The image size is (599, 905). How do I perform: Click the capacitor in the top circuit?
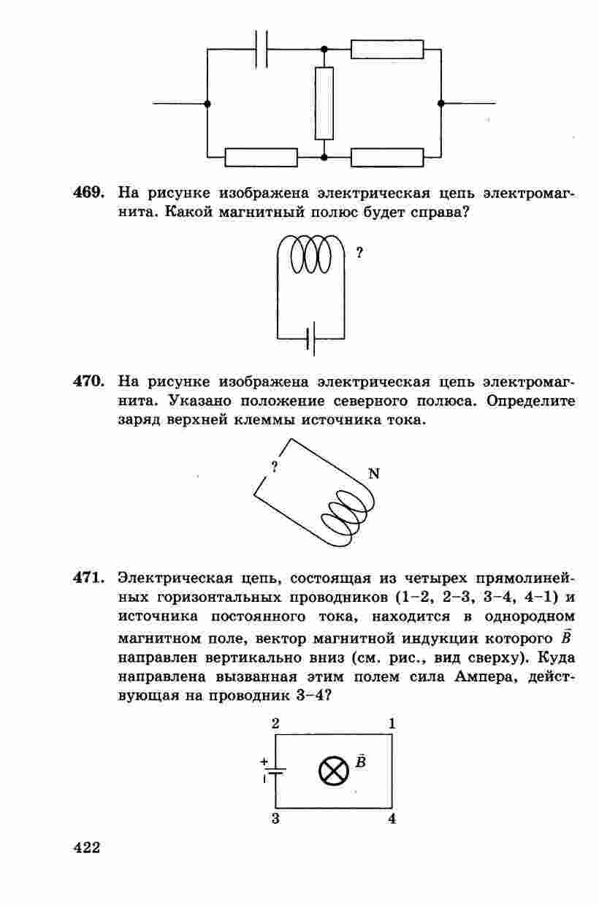(262, 49)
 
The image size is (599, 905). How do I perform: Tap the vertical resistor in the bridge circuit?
(324, 103)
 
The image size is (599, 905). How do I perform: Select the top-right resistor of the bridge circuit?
(387, 49)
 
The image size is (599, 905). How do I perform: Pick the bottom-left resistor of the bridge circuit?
(261, 157)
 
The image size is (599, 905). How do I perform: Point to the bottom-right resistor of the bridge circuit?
(387, 157)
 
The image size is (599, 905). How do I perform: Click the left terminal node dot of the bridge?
(207, 104)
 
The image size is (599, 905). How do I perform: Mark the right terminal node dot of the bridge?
(441, 104)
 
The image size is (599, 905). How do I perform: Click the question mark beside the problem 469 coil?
(359, 253)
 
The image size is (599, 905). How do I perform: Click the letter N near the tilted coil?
(374, 473)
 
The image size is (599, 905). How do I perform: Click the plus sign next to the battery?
(264, 760)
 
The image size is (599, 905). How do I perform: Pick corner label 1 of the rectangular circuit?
(392, 724)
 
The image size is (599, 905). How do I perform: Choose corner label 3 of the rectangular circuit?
(275, 819)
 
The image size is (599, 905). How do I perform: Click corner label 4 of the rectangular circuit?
(392, 819)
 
